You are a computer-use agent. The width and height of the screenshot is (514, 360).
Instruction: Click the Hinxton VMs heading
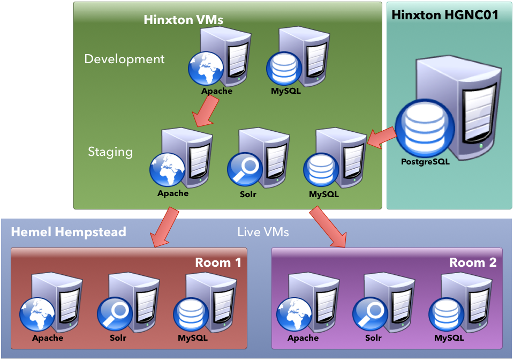183,20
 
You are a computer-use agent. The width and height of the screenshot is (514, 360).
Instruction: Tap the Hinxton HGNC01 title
444,14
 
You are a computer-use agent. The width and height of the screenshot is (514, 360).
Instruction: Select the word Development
124,59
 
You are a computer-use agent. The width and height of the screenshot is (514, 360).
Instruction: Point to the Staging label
110,152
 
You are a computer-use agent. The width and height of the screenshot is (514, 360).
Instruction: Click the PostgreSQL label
425,161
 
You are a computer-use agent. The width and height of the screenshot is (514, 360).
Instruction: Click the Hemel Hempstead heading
69,232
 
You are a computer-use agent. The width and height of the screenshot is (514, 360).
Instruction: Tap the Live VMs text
262,232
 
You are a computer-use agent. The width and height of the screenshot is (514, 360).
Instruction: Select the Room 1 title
218,262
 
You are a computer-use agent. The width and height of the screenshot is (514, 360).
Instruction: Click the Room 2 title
473,262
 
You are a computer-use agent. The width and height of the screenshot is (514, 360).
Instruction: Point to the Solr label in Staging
248,194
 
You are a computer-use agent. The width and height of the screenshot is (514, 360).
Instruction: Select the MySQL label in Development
286,91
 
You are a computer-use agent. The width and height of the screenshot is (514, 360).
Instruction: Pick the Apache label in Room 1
48,338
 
